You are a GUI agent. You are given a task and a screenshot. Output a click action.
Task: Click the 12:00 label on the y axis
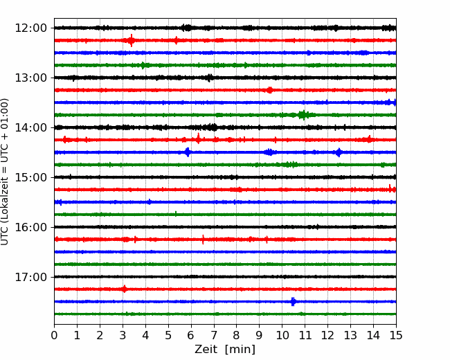pyautogui.click(x=30, y=28)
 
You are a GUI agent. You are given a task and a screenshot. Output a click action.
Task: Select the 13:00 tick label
pyautogui.click(x=30, y=78)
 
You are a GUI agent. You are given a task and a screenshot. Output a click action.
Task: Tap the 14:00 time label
pyautogui.click(x=30, y=127)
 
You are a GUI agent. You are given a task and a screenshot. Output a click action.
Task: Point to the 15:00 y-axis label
pyautogui.click(x=30, y=177)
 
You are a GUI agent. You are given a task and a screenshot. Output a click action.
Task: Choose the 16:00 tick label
pyautogui.click(x=30, y=227)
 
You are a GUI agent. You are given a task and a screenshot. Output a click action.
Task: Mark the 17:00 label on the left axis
pyautogui.click(x=30, y=277)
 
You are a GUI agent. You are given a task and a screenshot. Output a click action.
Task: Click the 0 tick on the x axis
pyautogui.click(x=54, y=335)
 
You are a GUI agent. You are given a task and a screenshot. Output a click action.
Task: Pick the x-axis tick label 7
pyautogui.click(x=214, y=335)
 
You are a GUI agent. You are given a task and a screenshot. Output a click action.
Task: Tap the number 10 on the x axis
pyautogui.click(x=282, y=335)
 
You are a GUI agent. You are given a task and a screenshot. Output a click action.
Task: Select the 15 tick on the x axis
pyautogui.click(x=396, y=335)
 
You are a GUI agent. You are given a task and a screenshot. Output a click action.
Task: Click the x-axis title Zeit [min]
pyautogui.click(x=225, y=350)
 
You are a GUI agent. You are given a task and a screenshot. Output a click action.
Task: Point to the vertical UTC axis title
pyautogui.click(x=5, y=172)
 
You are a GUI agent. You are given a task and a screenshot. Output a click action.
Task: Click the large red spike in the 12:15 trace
pyautogui.click(x=131, y=40)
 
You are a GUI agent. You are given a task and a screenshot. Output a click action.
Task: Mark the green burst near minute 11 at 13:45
pyautogui.click(x=303, y=115)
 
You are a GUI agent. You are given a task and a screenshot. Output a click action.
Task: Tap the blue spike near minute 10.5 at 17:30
pyautogui.click(x=293, y=302)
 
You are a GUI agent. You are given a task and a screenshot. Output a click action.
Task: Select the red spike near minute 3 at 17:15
pyautogui.click(x=124, y=289)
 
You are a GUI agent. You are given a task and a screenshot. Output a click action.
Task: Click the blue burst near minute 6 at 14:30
pyautogui.click(x=188, y=152)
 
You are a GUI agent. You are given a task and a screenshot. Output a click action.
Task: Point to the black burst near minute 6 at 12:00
pyautogui.click(x=187, y=28)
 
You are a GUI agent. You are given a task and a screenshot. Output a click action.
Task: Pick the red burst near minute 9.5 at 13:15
pyautogui.click(x=269, y=90)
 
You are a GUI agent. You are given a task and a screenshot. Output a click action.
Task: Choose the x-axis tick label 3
pyautogui.click(x=123, y=335)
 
